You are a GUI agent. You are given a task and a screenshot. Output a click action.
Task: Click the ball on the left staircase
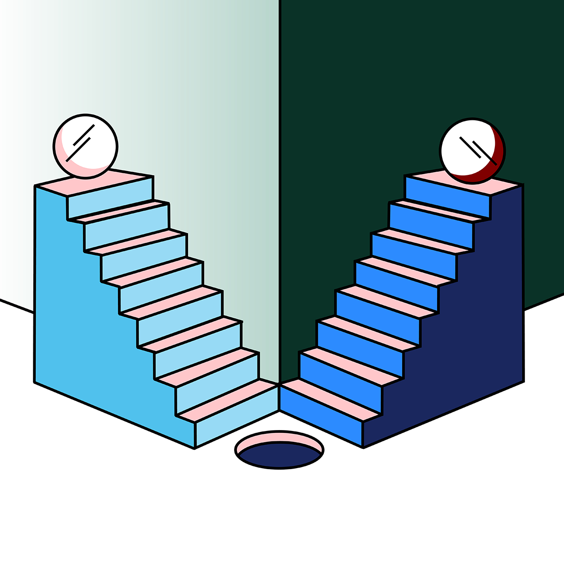86,146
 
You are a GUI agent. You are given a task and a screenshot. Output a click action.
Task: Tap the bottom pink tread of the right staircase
329,399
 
